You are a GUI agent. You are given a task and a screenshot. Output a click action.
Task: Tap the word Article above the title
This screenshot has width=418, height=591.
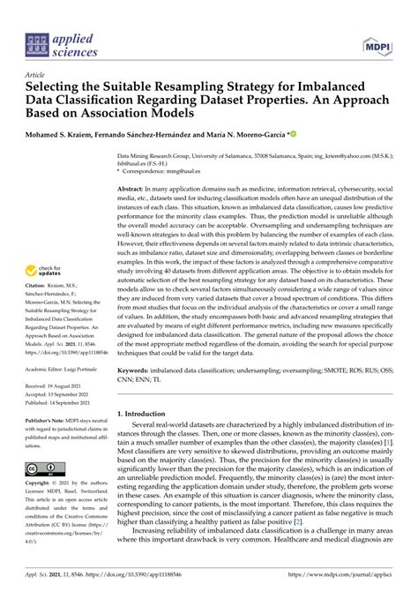[36, 76]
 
